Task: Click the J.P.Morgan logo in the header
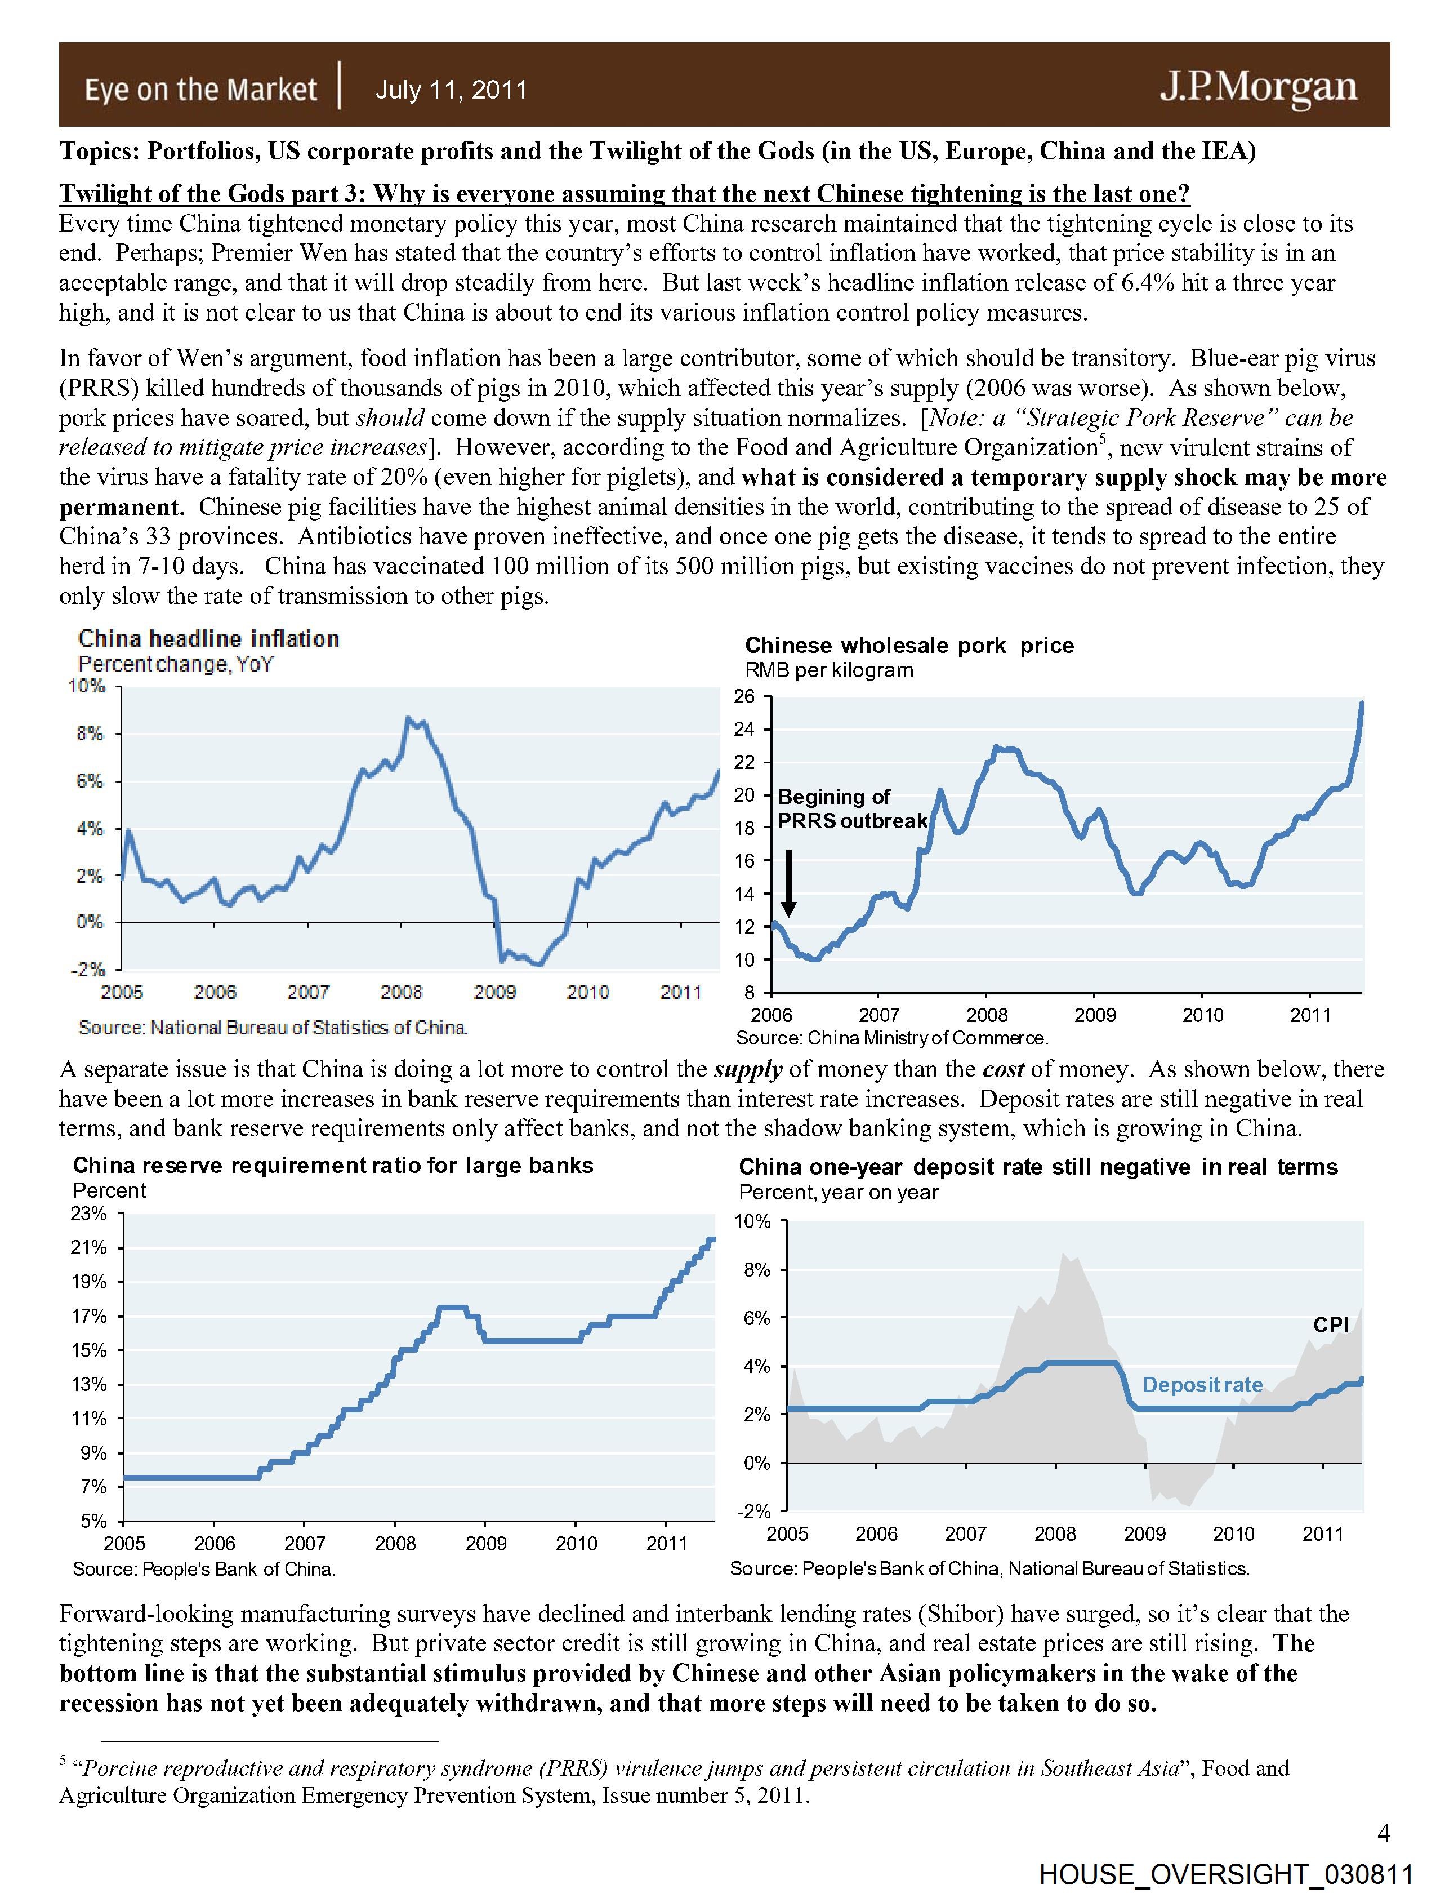(x=1259, y=87)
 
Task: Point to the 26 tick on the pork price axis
(x=744, y=697)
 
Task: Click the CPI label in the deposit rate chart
(x=1331, y=1325)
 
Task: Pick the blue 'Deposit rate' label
(x=1202, y=1384)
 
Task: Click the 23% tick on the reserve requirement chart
(x=89, y=1214)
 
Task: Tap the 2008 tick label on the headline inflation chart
(x=402, y=993)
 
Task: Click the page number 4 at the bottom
(x=1383, y=1834)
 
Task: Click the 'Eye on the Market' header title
(x=200, y=89)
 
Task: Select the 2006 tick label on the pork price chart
(x=772, y=1015)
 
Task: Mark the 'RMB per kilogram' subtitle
(x=829, y=670)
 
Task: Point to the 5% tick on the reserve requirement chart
(x=93, y=1521)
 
